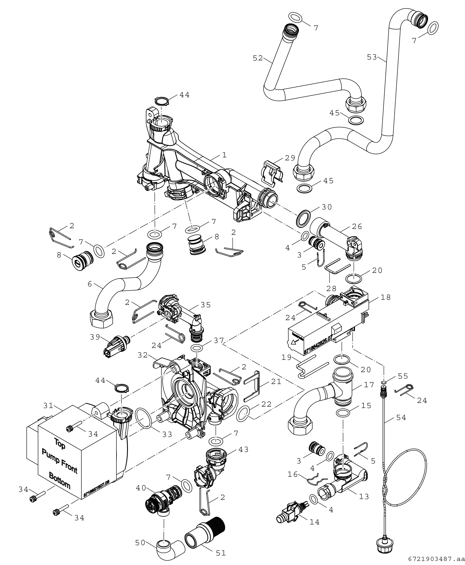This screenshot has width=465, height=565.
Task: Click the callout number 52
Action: [x=258, y=58]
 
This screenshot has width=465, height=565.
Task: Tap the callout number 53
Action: [x=372, y=57]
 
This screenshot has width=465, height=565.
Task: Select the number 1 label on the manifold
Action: [x=224, y=155]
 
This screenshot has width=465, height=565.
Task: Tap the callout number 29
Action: [x=290, y=158]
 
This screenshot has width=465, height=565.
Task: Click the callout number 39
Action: [x=95, y=337]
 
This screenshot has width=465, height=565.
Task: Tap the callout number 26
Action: [x=357, y=227]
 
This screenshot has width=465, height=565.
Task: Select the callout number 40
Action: [x=141, y=488]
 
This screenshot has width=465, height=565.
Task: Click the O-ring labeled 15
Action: [x=343, y=414]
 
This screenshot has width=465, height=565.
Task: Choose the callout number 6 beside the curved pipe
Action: [x=90, y=284]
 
